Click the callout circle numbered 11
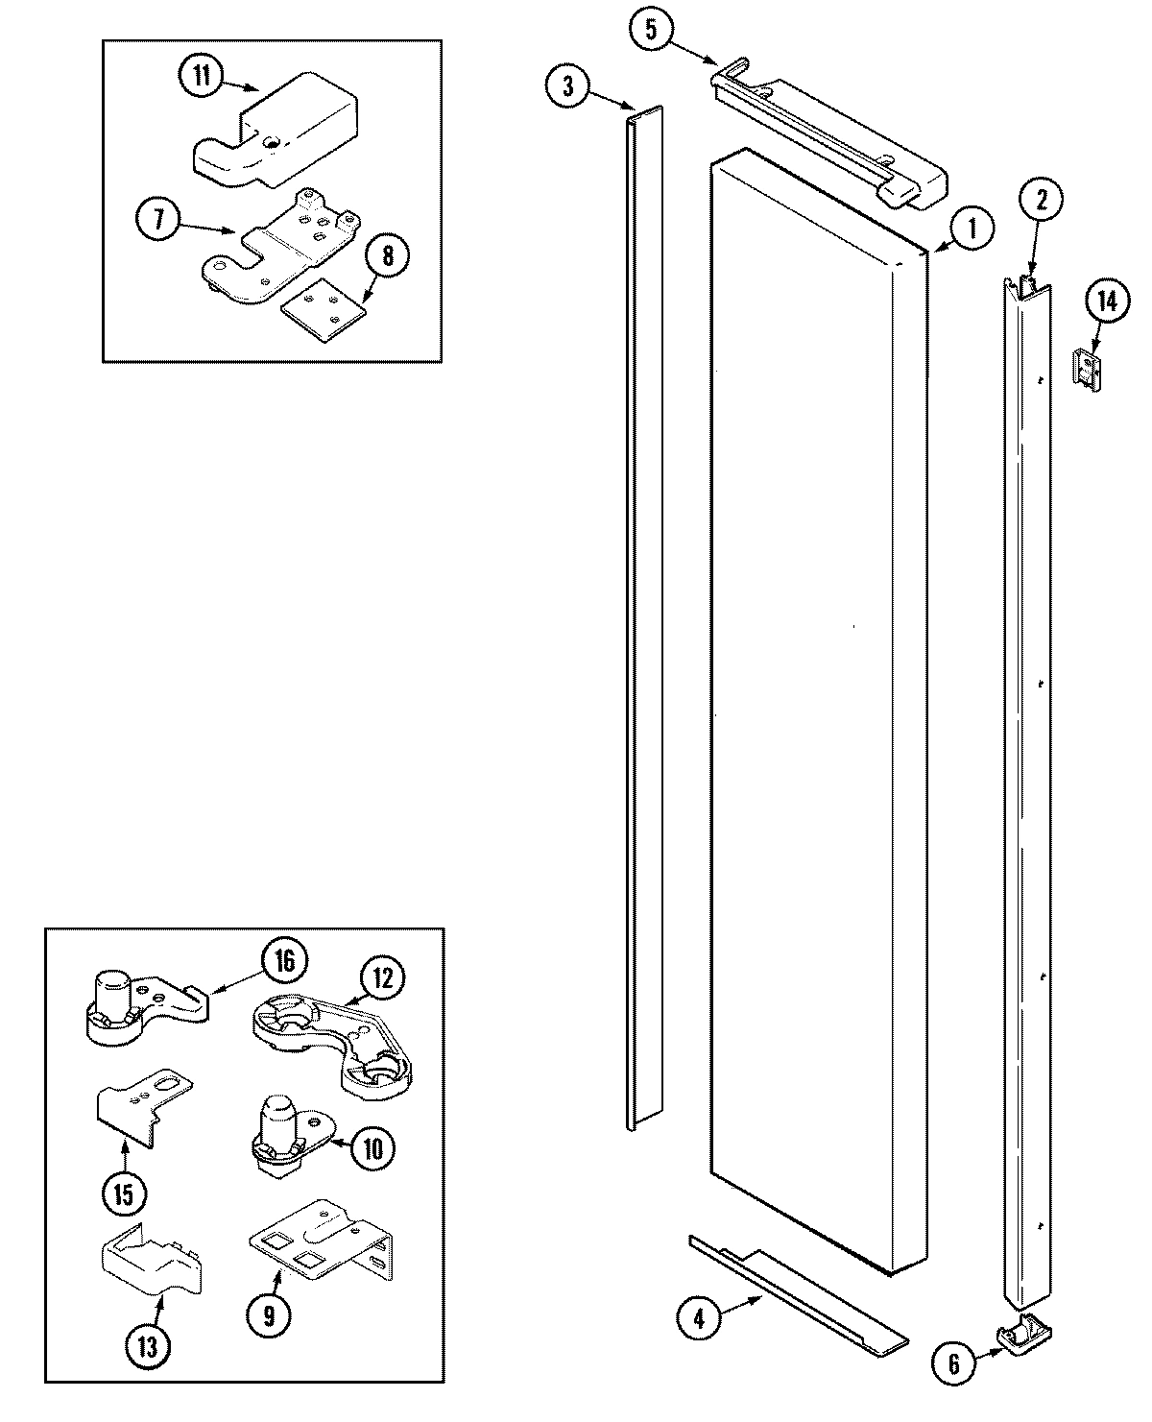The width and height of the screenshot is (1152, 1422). tap(201, 78)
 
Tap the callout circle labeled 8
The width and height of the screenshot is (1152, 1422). tap(387, 256)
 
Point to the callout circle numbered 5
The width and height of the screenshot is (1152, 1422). tap(651, 29)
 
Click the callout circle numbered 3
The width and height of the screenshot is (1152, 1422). tap(568, 85)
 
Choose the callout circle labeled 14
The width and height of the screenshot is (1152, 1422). tap(1107, 303)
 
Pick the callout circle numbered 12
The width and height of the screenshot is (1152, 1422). tap(382, 977)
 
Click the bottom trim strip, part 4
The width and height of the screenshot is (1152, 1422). tap(797, 1291)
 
